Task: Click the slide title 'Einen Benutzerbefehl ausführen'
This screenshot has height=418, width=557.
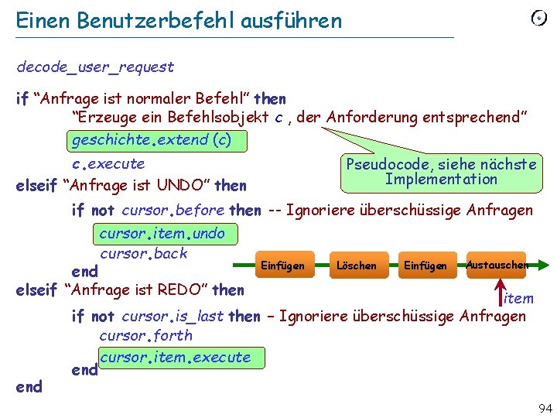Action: (x=179, y=21)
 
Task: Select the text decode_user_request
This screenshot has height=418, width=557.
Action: (x=95, y=67)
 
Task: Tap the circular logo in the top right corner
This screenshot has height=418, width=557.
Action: (x=538, y=18)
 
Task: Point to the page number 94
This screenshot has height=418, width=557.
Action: (x=544, y=408)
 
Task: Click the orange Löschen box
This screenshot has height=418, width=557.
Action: (x=356, y=266)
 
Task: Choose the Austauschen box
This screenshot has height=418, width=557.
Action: (x=496, y=265)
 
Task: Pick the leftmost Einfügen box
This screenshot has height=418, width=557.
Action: (x=282, y=266)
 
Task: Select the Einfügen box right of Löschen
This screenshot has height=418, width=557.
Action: (x=425, y=266)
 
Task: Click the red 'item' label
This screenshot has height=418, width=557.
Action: (x=518, y=298)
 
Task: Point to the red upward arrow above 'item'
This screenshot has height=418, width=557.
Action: (x=500, y=288)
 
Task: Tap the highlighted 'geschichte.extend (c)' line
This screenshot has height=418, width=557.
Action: (x=151, y=140)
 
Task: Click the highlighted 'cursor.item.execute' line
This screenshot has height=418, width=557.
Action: (x=176, y=357)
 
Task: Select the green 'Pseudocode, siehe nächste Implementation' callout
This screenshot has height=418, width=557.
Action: (x=441, y=172)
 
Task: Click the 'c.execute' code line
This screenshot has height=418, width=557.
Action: (x=108, y=163)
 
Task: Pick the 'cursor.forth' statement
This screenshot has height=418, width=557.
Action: (x=145, y=335)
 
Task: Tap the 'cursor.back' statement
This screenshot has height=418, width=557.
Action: (x=144, y=253)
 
